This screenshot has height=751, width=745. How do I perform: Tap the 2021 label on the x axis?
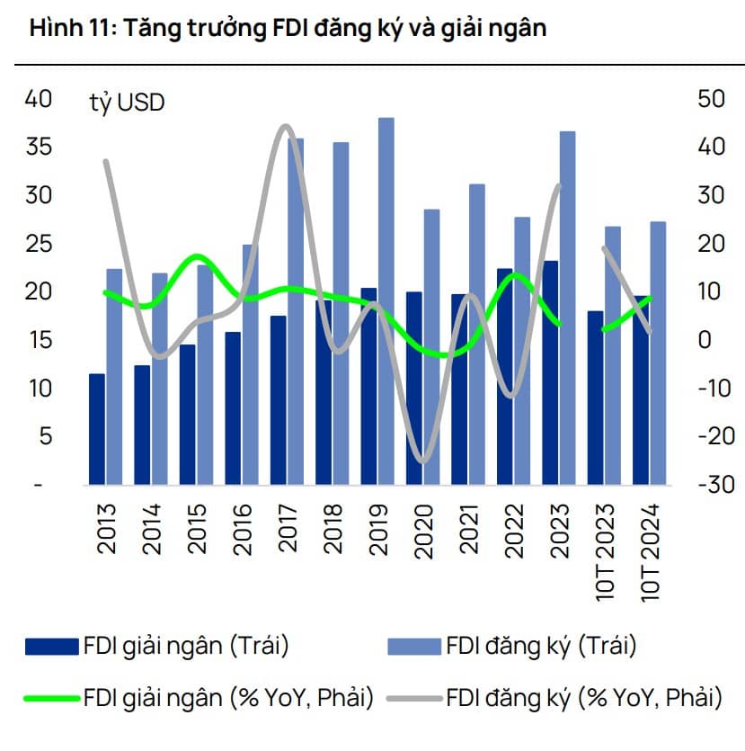click(x=467, y=530)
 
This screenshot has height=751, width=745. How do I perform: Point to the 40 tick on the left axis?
click(x=39, y=99)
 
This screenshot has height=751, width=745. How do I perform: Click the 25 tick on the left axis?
click(x=39, y=244)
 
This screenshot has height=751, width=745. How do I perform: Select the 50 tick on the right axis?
click(x=711, y=99)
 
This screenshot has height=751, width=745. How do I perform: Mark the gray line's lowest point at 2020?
click(x=423, y=460)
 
